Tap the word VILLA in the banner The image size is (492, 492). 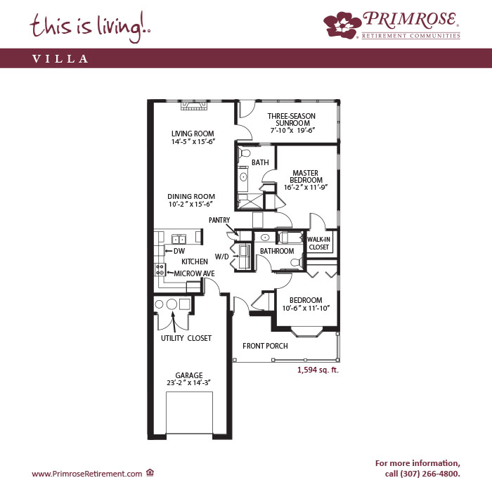click(60, 58)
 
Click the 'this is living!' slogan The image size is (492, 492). click(90, 27)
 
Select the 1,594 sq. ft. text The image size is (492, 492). click(318, 370)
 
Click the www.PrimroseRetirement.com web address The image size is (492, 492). click(87, 474)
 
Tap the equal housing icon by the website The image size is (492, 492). click(150, 472)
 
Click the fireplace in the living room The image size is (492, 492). click(194, 105)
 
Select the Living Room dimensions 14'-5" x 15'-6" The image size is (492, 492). click(193, 141)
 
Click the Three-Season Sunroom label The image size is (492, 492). click(292, 119)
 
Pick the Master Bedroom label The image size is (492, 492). click(306, 176)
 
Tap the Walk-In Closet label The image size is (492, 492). click(319, 243)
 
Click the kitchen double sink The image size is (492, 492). click(179, 239)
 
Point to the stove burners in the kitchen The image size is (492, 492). click(160, 270)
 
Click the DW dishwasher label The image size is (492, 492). click(179, 251)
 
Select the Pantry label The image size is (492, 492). click(219, 220)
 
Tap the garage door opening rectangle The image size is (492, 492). click(189, 413)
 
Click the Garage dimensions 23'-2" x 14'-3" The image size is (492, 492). click(188, 383)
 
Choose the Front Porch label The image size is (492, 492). click(265, 346)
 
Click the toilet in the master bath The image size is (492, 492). click(244, 153)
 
